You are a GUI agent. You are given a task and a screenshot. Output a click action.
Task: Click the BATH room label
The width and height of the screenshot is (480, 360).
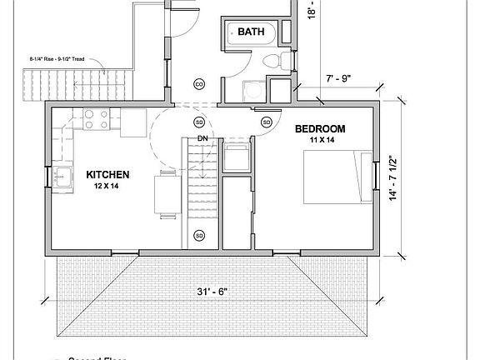(x=251, y=32)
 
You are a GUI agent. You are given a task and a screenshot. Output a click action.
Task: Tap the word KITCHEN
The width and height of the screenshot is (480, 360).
(x=108, y=175)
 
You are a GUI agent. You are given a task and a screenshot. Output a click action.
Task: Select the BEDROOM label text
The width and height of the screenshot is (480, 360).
(x=321, y=130)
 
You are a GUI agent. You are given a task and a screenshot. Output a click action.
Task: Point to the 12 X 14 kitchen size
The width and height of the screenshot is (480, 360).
(x=108, y=187)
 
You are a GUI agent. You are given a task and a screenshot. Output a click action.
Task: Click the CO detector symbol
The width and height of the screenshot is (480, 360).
(x=199, y=84)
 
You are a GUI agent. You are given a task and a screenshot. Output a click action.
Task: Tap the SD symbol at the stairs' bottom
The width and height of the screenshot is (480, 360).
(x=199, y=236)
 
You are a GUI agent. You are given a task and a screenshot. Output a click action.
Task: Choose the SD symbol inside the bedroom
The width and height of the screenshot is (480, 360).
(x=267, y=122)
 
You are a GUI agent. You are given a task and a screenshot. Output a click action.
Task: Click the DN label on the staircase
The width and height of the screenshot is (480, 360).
(x=202, y=138)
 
